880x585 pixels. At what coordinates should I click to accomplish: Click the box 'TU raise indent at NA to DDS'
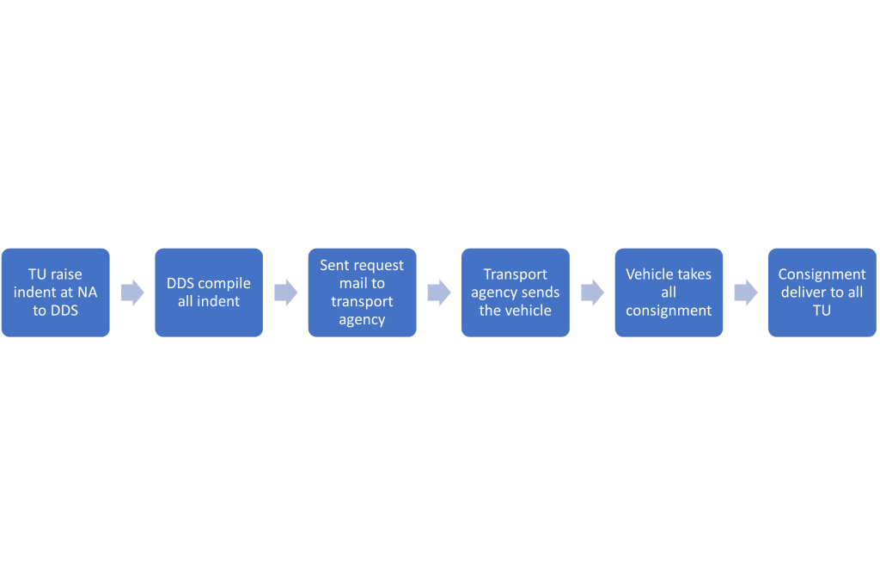[56, 292]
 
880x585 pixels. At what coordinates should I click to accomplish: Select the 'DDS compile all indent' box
[209, 292]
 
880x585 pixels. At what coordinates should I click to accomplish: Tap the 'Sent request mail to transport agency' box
[362, 292]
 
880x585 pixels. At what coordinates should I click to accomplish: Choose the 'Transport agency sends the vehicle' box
[516, 292]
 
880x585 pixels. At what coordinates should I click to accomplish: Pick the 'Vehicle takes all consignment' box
[669, 292]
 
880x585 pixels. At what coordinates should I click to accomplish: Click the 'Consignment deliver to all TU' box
[822, 292]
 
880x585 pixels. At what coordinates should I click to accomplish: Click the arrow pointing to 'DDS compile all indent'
[132, 292]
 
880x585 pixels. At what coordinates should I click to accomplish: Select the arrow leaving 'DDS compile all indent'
[285, 292]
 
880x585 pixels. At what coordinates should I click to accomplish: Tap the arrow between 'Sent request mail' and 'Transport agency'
[439, 292]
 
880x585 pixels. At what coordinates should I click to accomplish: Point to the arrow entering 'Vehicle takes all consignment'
[592, 292]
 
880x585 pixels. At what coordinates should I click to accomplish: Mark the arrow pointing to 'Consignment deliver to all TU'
[746, 292]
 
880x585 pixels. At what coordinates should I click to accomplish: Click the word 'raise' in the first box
[66, 274]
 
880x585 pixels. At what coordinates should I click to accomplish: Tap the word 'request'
[377, 266]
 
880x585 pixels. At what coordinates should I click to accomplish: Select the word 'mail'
[352, 283]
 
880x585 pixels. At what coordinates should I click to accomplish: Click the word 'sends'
[540, 292]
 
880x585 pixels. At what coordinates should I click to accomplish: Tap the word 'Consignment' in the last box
[822, 274]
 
